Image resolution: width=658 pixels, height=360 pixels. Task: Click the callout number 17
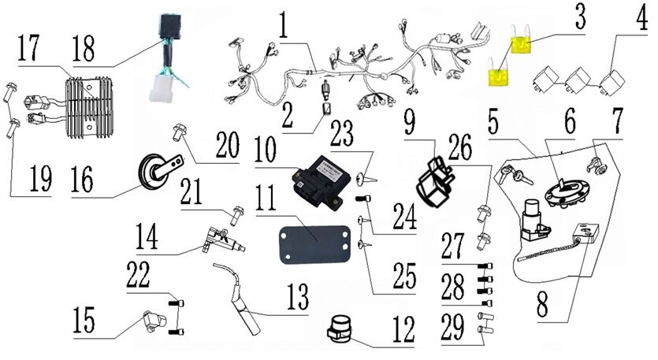pyautogui.click(x=28, y=48)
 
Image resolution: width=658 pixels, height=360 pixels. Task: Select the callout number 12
pyautogui.click(x=403, y=329)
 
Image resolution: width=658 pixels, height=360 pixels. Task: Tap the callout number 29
pyautogui.click(x=453, y=327)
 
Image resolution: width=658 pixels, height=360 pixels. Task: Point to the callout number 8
pyautogui.click(x=542, y=304)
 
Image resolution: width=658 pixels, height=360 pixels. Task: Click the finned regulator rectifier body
pyautogui.click(x=89, y=107)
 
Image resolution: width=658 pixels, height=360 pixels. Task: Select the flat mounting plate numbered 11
pyautogui.click(x=315, y=244)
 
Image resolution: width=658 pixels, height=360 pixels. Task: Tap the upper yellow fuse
pyautogui.click(x=522, y=44)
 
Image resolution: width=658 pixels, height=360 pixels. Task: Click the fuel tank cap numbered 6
pyautogui.click(x=563, y=194)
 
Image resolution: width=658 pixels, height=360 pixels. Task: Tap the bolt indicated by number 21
pyautogui.click(x=238, y=215)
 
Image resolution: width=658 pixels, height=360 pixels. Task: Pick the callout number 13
pyautogui.click(x=298, y=296)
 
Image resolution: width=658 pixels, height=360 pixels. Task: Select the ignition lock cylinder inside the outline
pyautogui.click(x=533, y=220)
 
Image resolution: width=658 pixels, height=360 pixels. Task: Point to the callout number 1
pyautogui.click(x=284, y=24)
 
